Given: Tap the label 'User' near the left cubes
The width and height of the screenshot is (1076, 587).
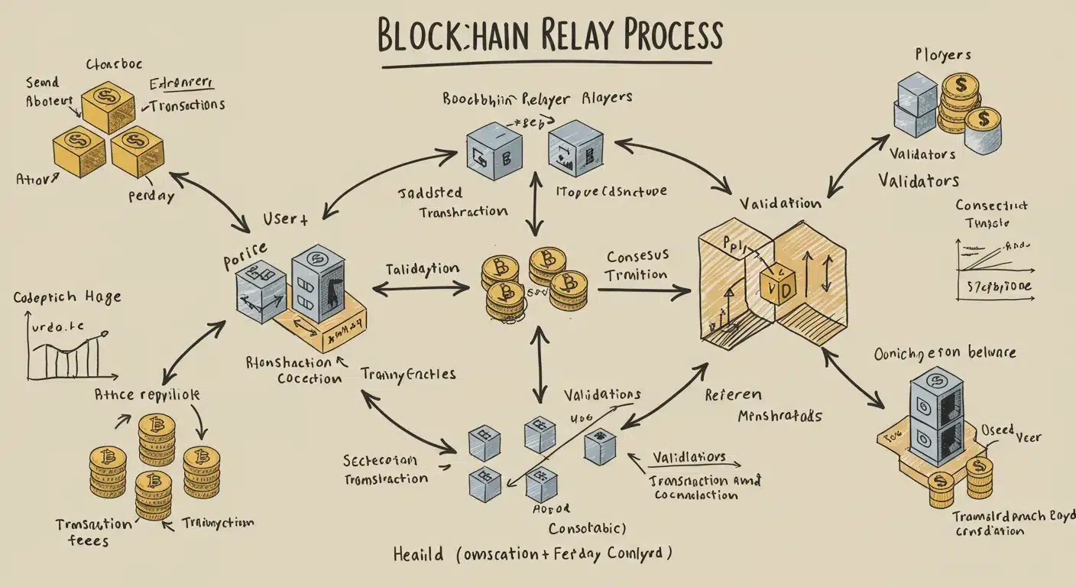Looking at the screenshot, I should tap(284, 219).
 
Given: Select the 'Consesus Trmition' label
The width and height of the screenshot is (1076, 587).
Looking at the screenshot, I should tap(637, 265).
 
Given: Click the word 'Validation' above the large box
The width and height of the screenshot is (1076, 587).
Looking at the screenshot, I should tap(780, 203).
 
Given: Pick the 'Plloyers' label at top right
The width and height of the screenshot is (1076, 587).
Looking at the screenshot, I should tap(943, 55).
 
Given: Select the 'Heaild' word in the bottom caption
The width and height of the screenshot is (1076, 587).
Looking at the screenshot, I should tap(417, 553).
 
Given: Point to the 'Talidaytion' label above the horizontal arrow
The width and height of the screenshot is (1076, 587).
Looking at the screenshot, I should tap(422, 269).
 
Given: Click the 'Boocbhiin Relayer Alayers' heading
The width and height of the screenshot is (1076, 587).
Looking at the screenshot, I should tap(536, 99).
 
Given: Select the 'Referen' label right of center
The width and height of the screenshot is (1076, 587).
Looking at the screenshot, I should tap(732, 394).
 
